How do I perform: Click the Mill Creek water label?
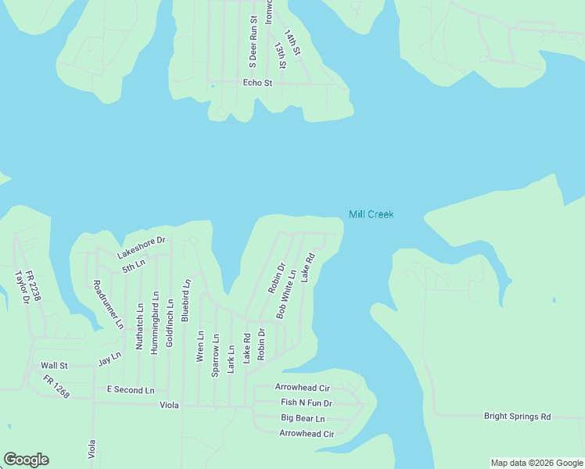(371, 214)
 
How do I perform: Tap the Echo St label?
(257, 82)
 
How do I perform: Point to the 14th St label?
(292, 42)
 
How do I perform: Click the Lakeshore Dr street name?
(142, 248)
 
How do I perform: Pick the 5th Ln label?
(134, 266)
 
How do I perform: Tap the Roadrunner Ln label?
(108, 303)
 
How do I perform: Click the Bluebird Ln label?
(185, 301)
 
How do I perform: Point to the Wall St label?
(55, 365)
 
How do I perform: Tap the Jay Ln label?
(109, 359)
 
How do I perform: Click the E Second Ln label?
(131, 389)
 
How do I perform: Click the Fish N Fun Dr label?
(307, 403)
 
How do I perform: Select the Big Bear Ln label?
(303, 418)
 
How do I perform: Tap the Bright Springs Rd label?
(517, 417)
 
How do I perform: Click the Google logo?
(26, 460)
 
